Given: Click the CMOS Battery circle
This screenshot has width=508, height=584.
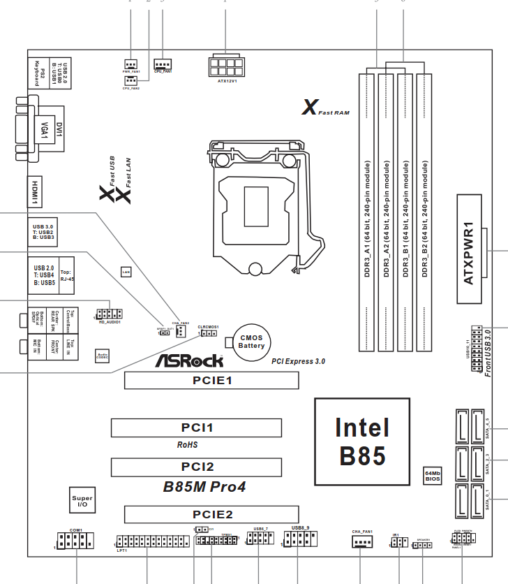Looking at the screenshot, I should [x=251, y=342].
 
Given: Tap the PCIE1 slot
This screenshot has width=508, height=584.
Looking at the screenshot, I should [x=211, y=380].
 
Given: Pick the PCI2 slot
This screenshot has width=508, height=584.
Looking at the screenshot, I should [x=196, y=467].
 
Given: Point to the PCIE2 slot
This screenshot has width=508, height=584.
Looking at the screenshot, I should [x=211, y=515].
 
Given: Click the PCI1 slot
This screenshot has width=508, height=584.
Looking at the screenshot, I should [x=196, y=428].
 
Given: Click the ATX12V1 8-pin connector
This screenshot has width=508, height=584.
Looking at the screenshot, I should [x=225, y=66].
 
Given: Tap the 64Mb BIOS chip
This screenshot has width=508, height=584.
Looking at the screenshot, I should [x=433, y=476].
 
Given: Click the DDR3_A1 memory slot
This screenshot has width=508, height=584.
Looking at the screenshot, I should [x=367, y=212].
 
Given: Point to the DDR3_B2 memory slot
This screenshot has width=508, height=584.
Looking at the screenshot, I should [x=425, y=212].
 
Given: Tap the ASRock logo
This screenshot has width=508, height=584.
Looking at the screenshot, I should [x=189, y=360].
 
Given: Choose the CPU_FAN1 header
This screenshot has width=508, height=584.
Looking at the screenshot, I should [x=163, y=63].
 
